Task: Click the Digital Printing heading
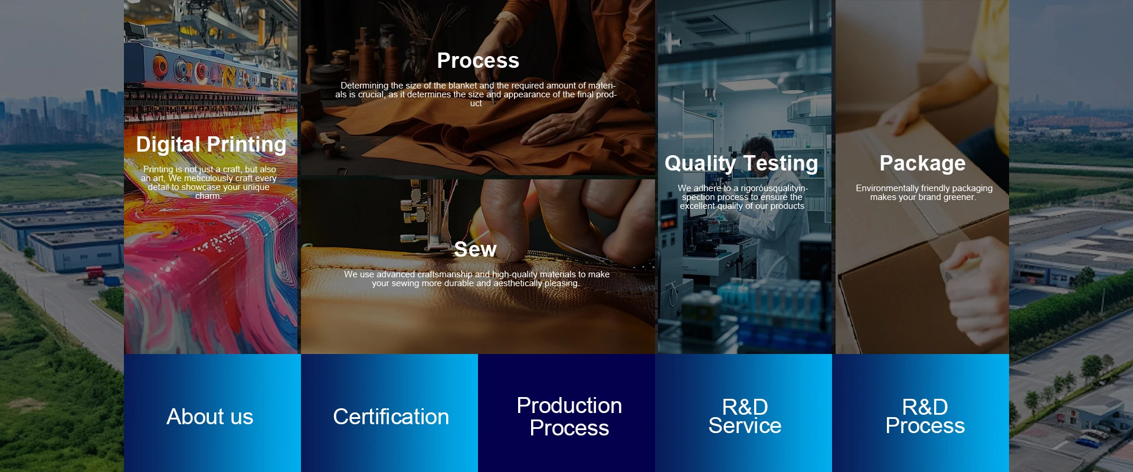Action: click(x=211, y=145)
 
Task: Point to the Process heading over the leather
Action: click(x=478, y=60)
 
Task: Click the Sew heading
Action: click(x=475, y=249)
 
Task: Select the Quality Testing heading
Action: click(x=741, y=163)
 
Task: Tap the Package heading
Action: click(x=922, y=163)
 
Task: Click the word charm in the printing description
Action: click(x=208, y=196)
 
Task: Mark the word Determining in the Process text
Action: click(x=364, y=86)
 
